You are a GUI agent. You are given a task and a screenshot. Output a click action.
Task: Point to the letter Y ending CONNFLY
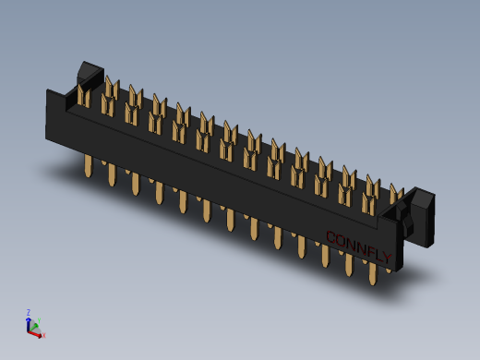coord(387,258)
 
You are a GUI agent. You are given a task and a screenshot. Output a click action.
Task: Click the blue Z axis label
coord(28,312)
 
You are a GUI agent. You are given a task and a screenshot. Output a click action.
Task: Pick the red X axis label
coord(43,336)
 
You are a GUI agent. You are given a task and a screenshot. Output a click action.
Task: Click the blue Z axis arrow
coord(28,322)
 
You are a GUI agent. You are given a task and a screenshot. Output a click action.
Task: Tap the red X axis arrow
coord(37,333)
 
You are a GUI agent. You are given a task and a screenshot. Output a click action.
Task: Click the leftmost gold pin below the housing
coord(89,166)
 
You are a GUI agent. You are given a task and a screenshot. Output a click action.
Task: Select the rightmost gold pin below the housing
coord(373,273)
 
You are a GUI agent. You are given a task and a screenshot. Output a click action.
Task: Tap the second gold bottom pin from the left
coord(112,174)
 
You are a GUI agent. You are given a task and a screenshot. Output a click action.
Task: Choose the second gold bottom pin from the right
coord(350,264)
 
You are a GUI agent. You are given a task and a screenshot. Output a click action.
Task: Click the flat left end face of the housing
coord(54,115)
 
